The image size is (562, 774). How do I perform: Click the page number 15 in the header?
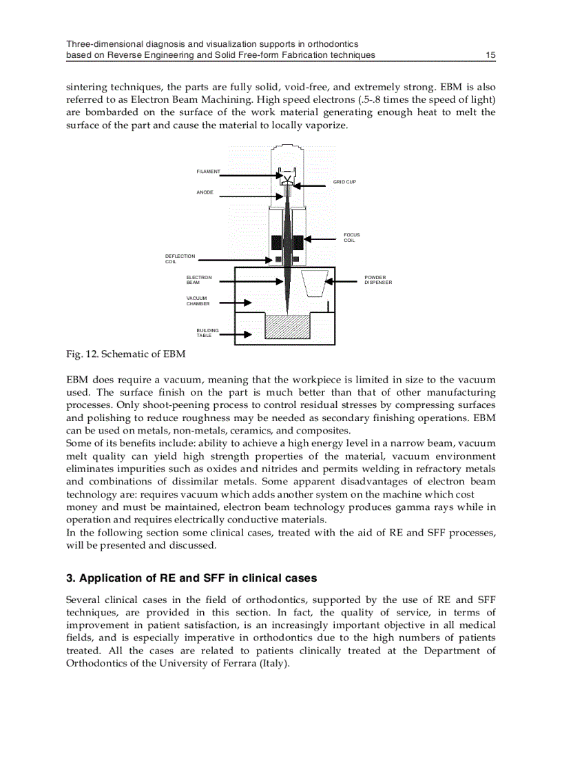pyautogui.click(x=490, y=54)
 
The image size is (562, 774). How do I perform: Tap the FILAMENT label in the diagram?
pyautogui.click(x=208, y=171)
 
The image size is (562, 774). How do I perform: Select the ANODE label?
pyautogui.click(x=205, y=192)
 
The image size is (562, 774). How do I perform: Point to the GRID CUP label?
pyautogui.click(x=344, y=182)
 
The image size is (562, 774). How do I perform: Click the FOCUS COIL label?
pyautogui.click(x=351, y=237)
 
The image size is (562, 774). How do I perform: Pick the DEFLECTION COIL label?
pyautogui.click(x=180, y=258)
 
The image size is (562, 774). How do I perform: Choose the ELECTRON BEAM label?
pyautogui.click(x=199, y=280)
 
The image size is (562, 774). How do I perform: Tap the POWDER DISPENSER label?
pyautogui.click(x=378, y=280)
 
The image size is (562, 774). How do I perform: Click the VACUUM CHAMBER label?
pyautogui.click(x=198, y=301)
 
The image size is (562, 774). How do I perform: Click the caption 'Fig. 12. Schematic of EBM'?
pyautogui.click(x=125, y=354)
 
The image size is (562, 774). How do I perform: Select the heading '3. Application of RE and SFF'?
pyautogui.click(x=191, y=578)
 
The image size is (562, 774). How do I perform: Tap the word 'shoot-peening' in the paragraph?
pyautogui.click(x=174, y=405)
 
